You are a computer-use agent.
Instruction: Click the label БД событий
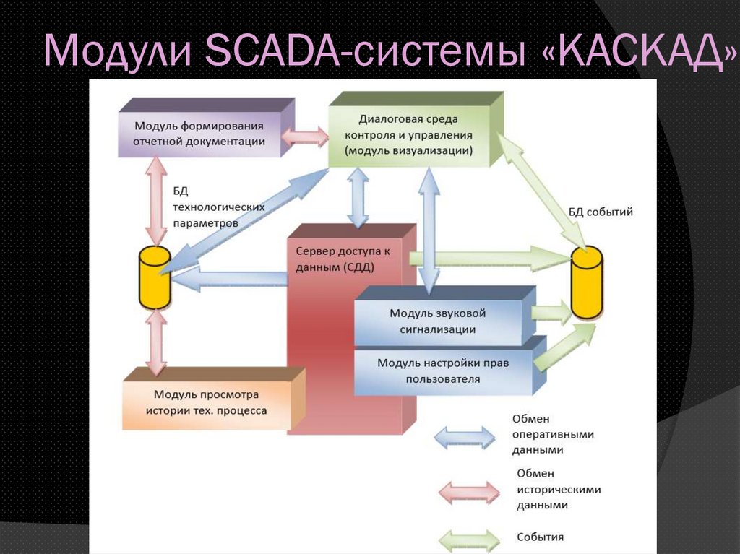click(x=601, y=212)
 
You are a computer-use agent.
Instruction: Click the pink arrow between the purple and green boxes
click(x=304, y=137)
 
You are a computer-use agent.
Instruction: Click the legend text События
click(x=540, y=537)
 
